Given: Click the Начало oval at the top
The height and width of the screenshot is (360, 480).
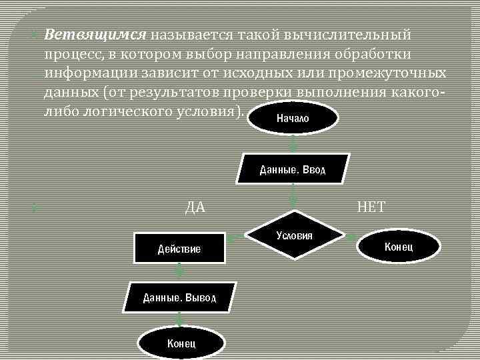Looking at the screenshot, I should point(292,119).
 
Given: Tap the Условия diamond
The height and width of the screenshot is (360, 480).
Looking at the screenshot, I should point(295,235).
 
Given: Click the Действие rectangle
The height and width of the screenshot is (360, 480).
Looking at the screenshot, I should point(179,248).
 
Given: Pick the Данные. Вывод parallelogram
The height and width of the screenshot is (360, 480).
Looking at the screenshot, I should point(179,297).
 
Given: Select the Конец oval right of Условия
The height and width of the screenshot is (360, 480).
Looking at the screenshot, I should point(399,247).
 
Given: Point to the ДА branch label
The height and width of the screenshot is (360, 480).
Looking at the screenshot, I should point(195,207).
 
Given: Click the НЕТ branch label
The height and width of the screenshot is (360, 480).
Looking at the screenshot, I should point(371,207).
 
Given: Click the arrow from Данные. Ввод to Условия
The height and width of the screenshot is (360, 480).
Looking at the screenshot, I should point(293,197).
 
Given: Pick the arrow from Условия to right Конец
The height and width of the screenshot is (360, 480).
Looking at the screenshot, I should point(351,235).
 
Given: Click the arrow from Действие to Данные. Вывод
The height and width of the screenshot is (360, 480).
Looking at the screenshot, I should point(179,272).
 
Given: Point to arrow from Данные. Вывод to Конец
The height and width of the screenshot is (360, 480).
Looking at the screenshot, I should point(179,320).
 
